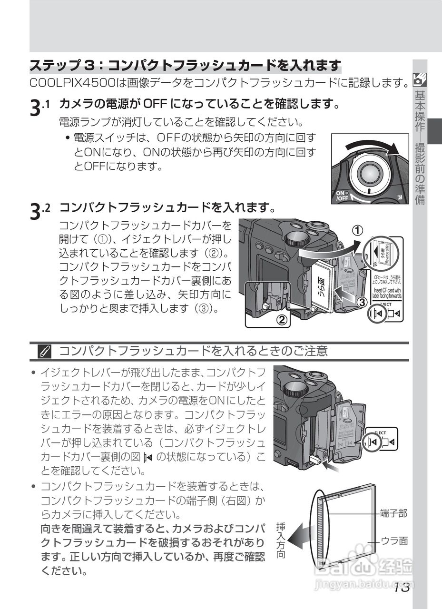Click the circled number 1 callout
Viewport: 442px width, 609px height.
click(358, 230)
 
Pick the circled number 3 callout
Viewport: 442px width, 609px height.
click(362, 302)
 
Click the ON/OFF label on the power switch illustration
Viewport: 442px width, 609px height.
click(343, 196)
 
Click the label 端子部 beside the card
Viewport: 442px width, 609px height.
click(393, 513)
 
